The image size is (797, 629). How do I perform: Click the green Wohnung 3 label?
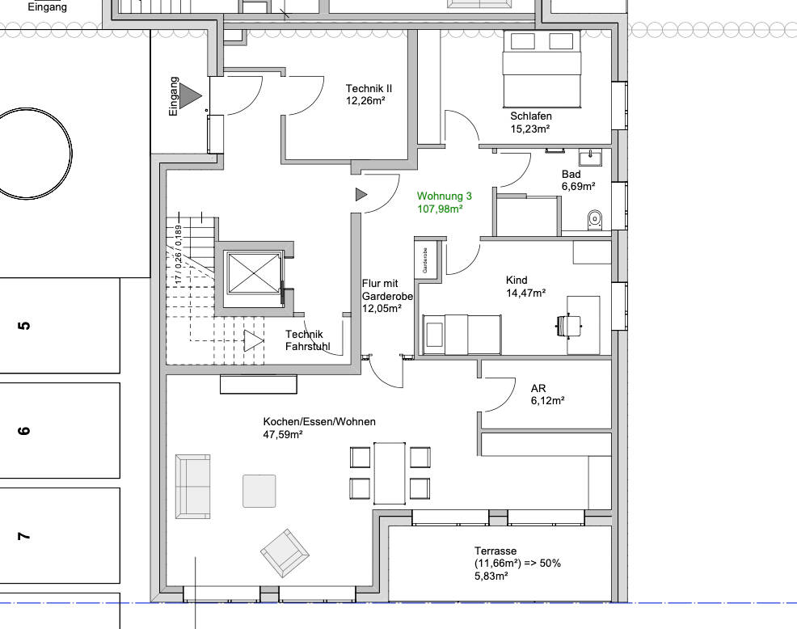(x=445, y=202)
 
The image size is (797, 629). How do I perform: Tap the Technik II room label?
(x=369, y=95)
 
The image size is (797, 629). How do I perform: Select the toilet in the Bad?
(x=594, y=220)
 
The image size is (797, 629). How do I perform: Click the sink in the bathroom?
(x=589, y=157)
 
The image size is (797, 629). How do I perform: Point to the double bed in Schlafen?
(x=542, y=69)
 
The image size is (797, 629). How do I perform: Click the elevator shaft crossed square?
(x=254, y=273)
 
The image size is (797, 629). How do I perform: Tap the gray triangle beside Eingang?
(x=191, y=95)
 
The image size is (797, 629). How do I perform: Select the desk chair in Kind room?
(x=568, y=325)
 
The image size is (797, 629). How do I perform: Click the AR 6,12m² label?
(x=547, y=395)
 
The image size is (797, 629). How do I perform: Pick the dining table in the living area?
(x=390, y=474)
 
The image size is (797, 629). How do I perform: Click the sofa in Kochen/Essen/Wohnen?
(x=192, y=487)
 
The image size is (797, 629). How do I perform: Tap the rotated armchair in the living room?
(x=285, y=553)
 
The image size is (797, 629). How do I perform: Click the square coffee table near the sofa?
(x=259, y=491)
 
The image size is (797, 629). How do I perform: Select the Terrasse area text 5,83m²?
(x=491, y=576)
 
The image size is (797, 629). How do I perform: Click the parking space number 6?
(x=24, y=431)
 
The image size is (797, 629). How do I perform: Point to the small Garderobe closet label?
(x=425, y=260)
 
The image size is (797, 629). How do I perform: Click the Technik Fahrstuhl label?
(x=307, y=340)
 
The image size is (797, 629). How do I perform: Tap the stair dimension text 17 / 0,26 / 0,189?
(x=178, y=255)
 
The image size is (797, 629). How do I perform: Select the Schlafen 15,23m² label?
(x=530, y=123)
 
